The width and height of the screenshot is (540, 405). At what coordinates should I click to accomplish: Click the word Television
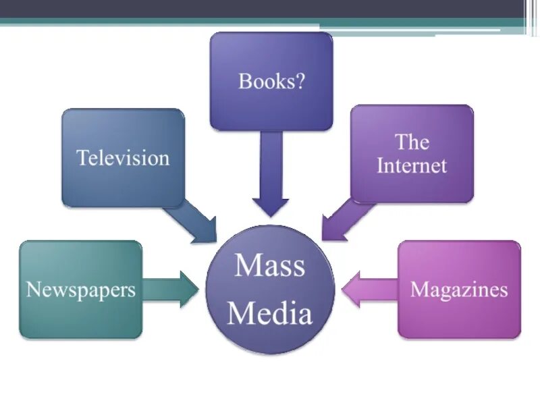pos(123,159)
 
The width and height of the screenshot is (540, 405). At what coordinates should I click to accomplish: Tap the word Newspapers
pos(81,290)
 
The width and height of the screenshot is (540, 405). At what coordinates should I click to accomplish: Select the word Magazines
pos(459,290)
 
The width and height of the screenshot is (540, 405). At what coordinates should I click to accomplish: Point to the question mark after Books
pos(300,82)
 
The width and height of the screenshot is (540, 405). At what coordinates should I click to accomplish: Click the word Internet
pos(412,165)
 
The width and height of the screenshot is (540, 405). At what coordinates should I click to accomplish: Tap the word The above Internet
pos(412,142)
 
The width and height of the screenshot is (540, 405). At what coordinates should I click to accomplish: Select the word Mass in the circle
pos(270,265)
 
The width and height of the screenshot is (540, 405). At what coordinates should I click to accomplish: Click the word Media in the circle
pos(270,314)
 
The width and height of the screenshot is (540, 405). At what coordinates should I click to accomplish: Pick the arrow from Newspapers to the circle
pos(172,290)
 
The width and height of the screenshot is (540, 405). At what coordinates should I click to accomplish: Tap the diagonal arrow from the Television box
pos(192,223)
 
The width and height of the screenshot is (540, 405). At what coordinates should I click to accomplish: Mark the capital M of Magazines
pos(418,290)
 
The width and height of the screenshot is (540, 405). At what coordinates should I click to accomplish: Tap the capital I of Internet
pos(381,165)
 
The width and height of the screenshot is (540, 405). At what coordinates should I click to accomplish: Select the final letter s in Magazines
pos(504,291)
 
